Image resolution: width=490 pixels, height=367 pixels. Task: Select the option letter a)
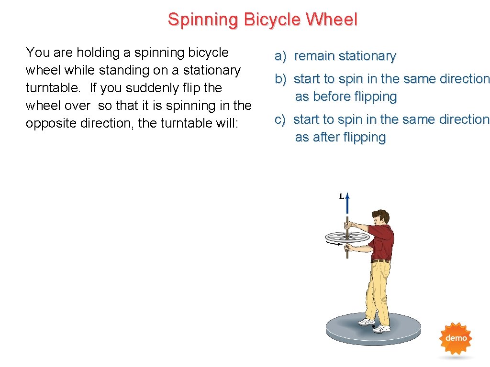point(280,56)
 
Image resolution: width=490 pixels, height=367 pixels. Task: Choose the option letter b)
point(280,79)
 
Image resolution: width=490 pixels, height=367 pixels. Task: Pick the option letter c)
point(279,119)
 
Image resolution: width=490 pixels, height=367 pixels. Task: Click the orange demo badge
point(456,338)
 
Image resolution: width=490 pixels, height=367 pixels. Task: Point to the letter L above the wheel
point(342,196)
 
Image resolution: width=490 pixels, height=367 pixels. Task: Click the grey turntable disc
point(373,330)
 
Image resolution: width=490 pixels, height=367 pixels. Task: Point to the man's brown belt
point(380,261)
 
